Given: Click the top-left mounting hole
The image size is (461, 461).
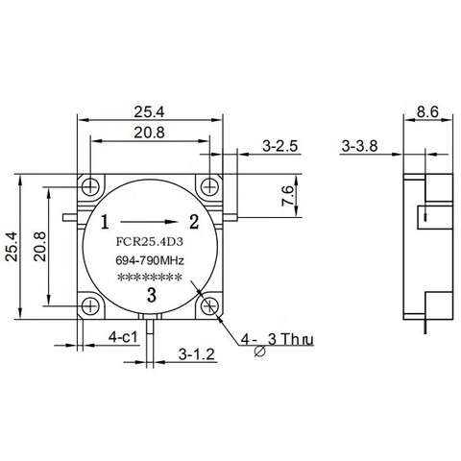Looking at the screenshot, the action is pos(90,186).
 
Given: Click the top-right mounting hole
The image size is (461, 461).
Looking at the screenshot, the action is pos(209,186).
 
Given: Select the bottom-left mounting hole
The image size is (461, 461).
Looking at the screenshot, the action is pos(90,306).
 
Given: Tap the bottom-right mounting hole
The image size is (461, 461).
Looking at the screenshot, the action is pos(209,306).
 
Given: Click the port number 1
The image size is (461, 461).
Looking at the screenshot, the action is pos(105,222).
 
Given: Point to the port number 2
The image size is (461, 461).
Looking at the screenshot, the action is pos(194,222).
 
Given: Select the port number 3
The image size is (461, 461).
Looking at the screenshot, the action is pos(152,295).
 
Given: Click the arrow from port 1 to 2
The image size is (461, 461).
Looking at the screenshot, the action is pos(149,222).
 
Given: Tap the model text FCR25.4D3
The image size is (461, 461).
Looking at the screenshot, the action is pos(149,242).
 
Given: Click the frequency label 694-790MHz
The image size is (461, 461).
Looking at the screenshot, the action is pos(150,260).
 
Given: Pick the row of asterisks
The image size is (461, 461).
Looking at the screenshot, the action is pos(150,278).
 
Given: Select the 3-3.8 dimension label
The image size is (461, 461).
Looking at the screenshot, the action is pos(359,146).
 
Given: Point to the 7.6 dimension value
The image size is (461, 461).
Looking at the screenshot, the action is pos(287,195).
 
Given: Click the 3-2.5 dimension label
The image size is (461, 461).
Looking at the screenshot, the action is pos(280,146).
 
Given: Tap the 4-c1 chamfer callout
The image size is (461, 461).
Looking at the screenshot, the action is pos(123,337).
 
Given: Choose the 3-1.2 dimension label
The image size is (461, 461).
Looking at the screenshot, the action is pos(197,354).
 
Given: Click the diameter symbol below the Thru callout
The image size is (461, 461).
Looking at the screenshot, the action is pos(259,352).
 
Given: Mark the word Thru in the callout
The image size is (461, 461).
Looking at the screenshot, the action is pos(299,339).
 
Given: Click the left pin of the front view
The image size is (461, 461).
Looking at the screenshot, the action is pos(70,218).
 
